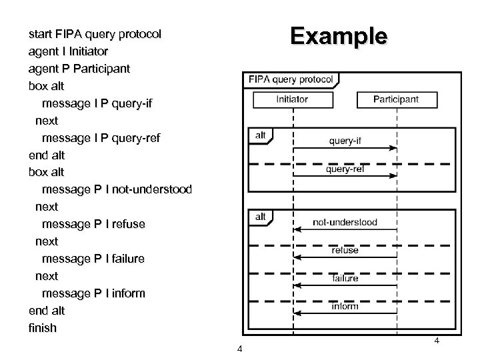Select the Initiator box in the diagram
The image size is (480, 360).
(x=292, y=99)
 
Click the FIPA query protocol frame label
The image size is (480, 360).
(x=291, y=79)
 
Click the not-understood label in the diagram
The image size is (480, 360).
(x=345, y=222)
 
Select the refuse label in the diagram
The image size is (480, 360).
(x=345, y=250)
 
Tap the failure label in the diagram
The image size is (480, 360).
(x=345, y=278)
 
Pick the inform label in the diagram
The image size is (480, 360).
(x=345, y=306)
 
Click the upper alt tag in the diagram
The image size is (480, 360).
(x=260, y=135)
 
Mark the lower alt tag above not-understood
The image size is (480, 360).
(x=260, y=217)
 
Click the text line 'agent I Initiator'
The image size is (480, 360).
(x=69, y=51)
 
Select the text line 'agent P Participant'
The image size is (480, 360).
(x=79, y=68)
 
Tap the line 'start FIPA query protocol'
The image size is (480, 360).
(x=95, y=33)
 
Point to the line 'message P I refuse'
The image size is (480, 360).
(x=93, y=224)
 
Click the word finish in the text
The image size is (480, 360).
(x=43, y=328)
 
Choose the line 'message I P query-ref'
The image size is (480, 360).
(x=101, y=138)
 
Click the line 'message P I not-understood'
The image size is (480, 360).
(x=117, y=189)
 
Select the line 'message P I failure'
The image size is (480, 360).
(x=93, y=259)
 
